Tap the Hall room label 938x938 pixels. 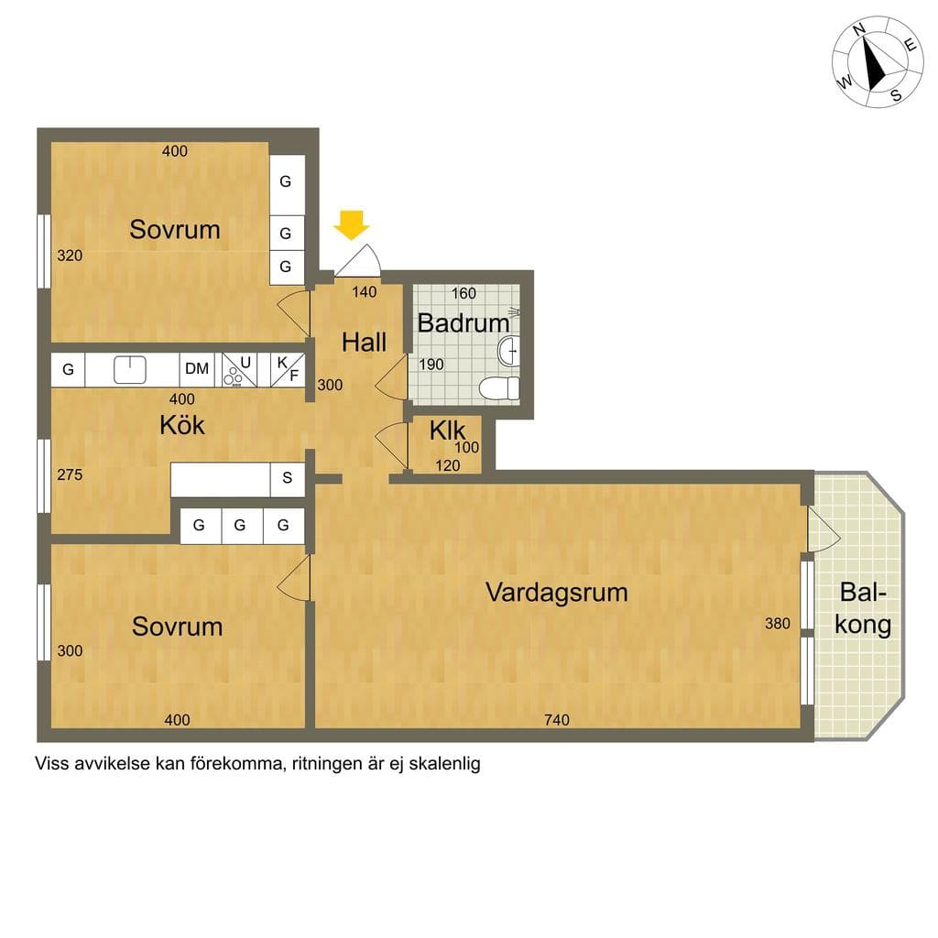tap(364, 343)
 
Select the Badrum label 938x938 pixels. tap(463, 323)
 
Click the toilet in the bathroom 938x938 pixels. tap(499, 387)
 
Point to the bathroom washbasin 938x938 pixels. tap(509, 351)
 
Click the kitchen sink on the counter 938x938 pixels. tap(130, 369)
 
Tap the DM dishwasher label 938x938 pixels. tap(197, 368)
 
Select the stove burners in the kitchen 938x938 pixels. tap(232, 376)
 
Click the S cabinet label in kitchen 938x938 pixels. tap(287, 477)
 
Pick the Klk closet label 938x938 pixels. tap(447, 431)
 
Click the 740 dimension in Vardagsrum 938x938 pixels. tap(557, 720)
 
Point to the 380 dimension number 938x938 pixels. tap(778, 623)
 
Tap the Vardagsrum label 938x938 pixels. tap(556, 593)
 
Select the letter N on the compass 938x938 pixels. tap(859, 46)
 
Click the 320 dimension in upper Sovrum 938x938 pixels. tap(70, 256)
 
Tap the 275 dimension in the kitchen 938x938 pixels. tap(70, 474)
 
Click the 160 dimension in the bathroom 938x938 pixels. tap(464, 293)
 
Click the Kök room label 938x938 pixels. tap(182, 425)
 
